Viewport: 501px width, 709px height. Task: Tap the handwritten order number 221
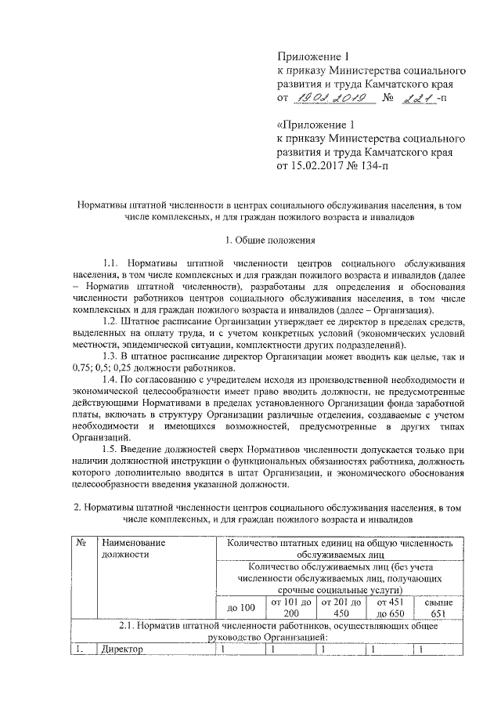[416, 97]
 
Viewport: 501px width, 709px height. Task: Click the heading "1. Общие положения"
[269, 239]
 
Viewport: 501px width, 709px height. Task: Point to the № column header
[81, 542]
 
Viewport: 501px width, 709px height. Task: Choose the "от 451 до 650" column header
[389, 608]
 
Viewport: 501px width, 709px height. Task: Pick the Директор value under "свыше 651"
[422, 649]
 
